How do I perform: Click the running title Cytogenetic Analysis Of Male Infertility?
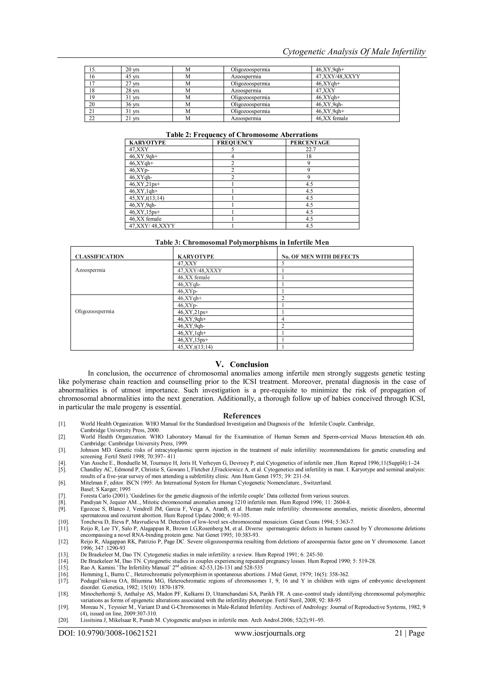tap(354, 52)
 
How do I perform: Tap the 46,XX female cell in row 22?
tap(332, 118)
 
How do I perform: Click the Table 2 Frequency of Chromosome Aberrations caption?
tap(242, 135)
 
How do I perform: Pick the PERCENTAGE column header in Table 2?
tap(310, 143)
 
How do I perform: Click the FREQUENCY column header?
tap(235, 143)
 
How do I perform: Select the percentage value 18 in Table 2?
tap(308, 156)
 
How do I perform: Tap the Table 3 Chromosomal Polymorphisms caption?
tap(242, 242)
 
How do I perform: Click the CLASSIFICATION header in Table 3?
tap(99, 257)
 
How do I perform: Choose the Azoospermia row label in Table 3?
tap(90, 270)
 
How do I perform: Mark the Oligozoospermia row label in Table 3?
tap(95, 312)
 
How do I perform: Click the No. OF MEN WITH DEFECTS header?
tap(320, 257)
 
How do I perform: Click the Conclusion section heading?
tap(242, 365)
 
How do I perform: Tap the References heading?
tap(242, 416)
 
